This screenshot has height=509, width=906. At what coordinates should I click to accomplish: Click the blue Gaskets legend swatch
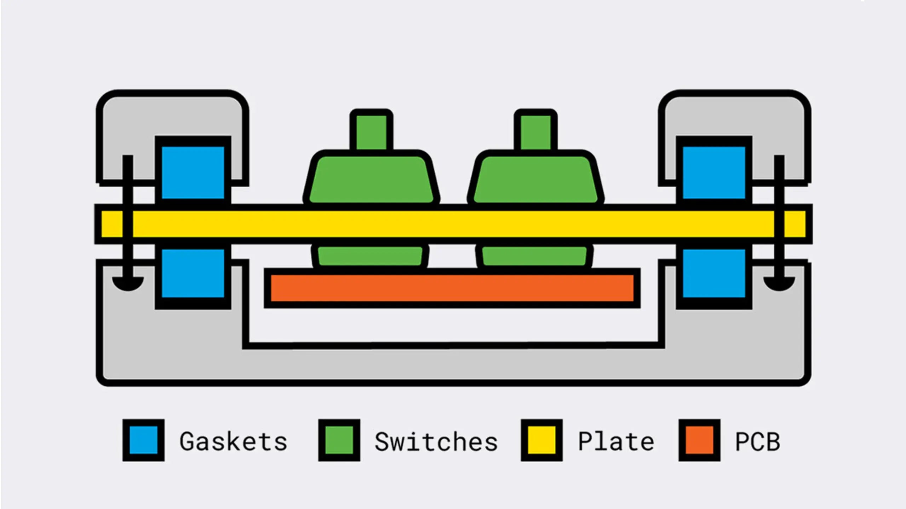pyautogui.click(x=143, y=440)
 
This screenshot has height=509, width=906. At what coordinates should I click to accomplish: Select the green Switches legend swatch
pyautogui.click(x=339, y=440)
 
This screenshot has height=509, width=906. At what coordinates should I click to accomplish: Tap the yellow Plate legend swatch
pyautogui.click(x=541, y=440)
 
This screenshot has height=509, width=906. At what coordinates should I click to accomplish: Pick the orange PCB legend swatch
pyautogui.click(x=699, y=440)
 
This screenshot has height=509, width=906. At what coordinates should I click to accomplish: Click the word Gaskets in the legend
pyautogui.click(x=233, y=441)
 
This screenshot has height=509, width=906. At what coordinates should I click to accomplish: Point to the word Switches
pyautogui.click(x=436, y=441)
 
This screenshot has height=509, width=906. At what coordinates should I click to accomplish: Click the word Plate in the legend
pyautogui.click(x=616, y=441)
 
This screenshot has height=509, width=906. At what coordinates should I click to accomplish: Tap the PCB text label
pyautogui.click(x=758, y=441)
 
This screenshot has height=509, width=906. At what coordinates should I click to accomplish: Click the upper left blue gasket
pyautogui.click(x=193, y=172)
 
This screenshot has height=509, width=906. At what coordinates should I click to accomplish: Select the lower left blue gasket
pyautogui.click(x=193, y=273)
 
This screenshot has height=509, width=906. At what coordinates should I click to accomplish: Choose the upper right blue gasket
pyautogui.click(x=714, y=172)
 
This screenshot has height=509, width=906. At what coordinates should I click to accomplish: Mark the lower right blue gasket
pyautogui.click(x=714, y=273)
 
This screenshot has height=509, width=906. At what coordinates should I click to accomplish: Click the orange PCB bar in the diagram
pyautogui.click(x=452, y=288)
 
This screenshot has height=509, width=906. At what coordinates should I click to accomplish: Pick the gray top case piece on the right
pyautogui.click(x=736, y=117)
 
